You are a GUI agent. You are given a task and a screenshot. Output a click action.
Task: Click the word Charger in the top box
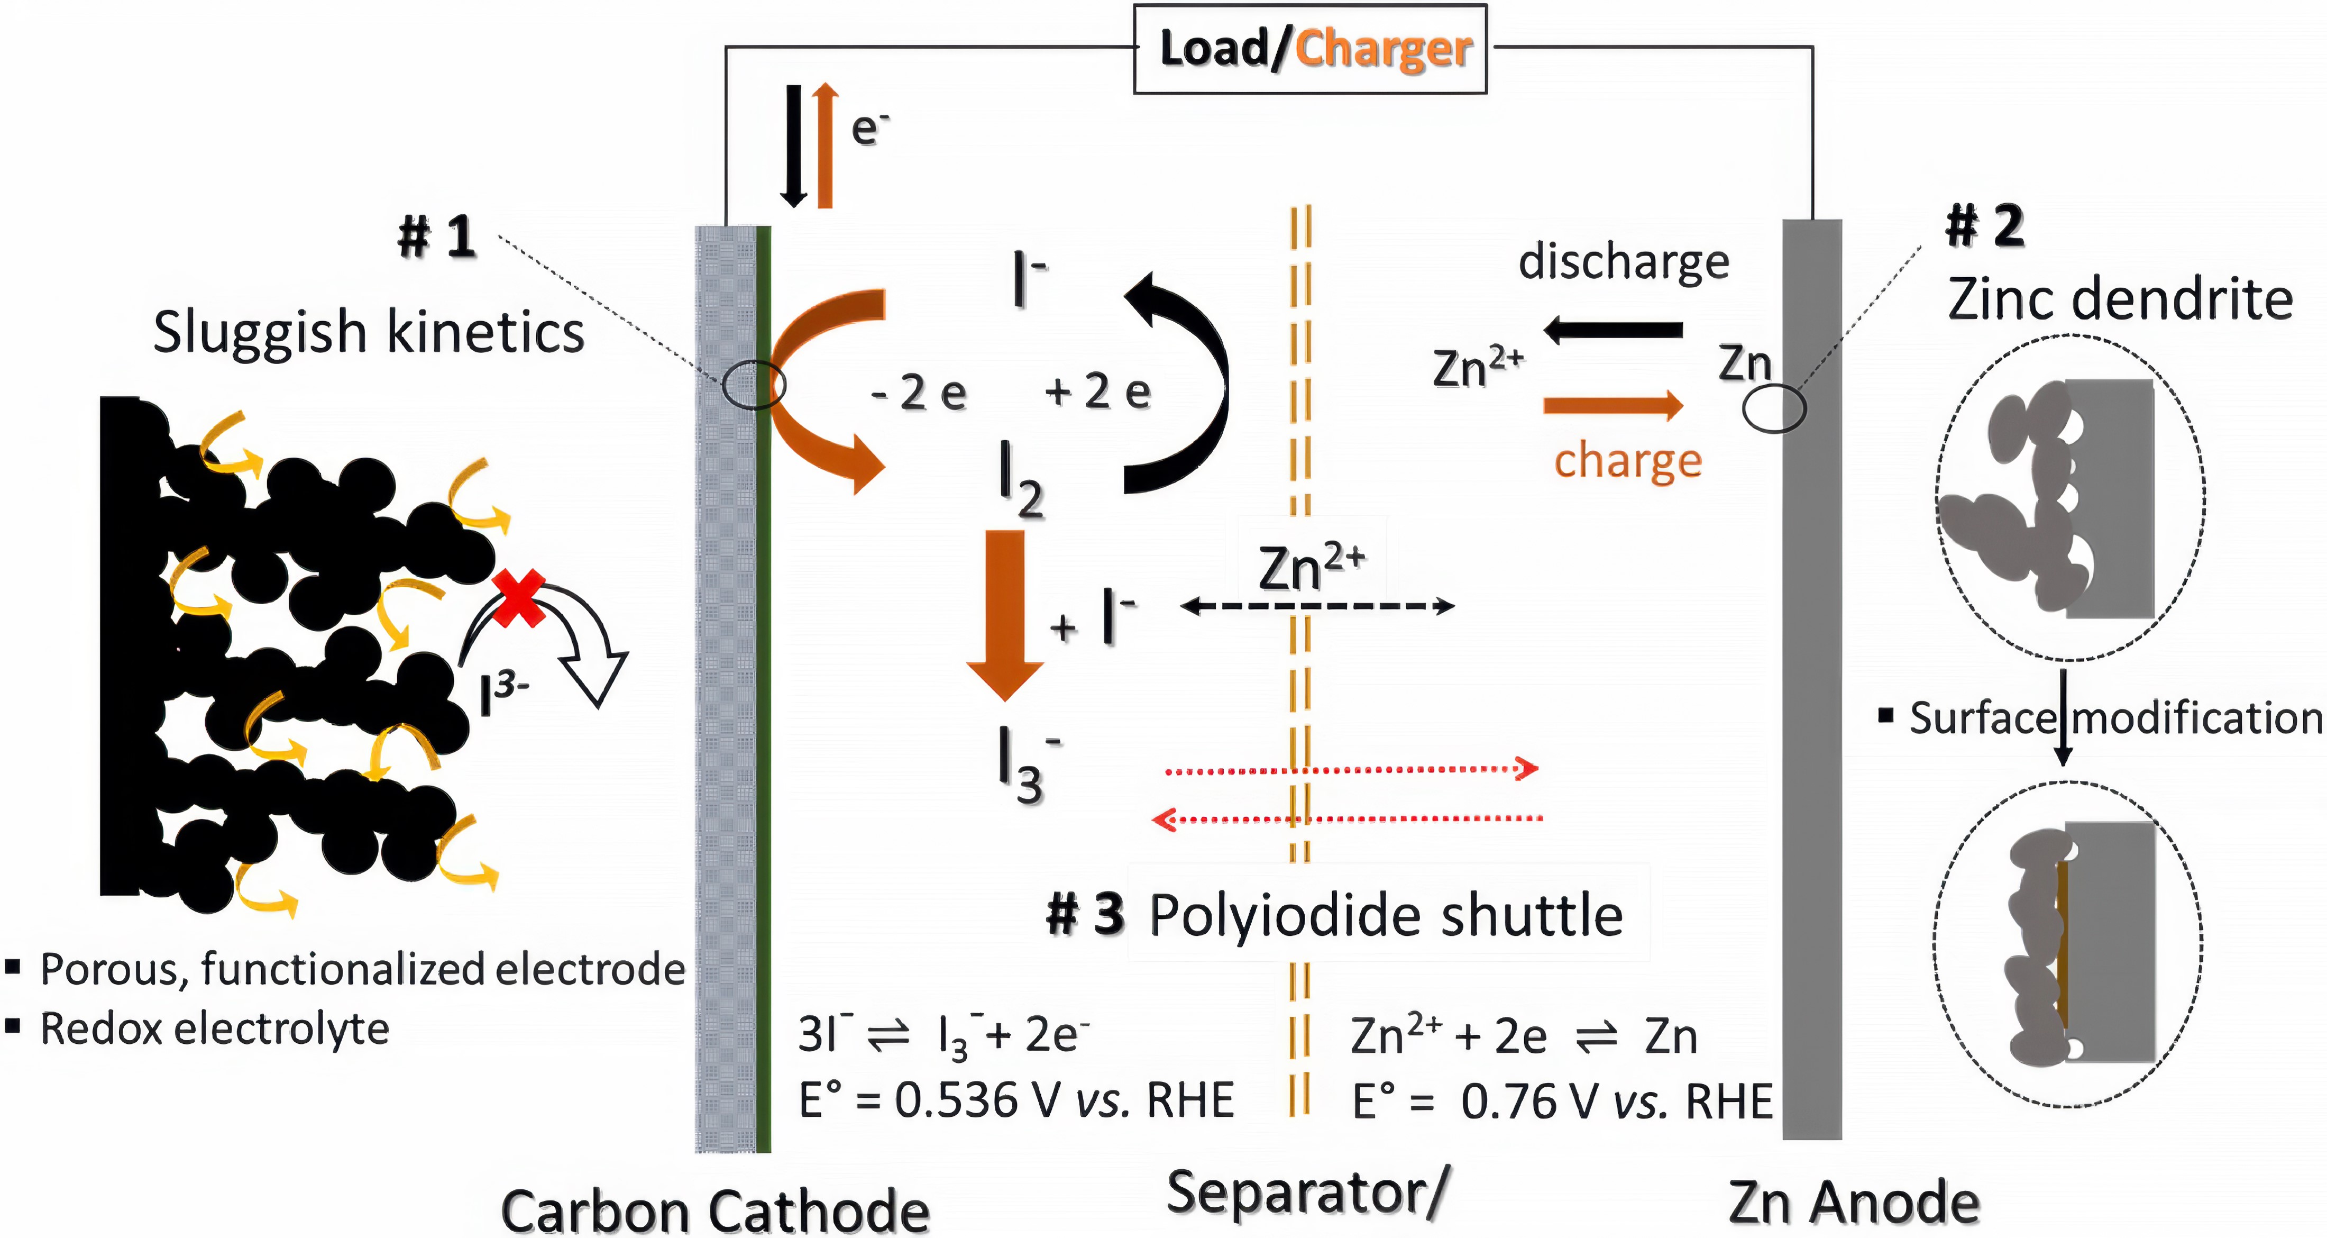point(1383,49)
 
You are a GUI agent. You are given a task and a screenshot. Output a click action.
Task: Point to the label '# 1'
point(437,237)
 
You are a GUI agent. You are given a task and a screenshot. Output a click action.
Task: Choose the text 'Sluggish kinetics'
point(369,333)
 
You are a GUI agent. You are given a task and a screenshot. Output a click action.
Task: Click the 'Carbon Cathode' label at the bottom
point(714,1211)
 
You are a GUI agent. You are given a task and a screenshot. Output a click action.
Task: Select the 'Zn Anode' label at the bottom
point(1854,1203)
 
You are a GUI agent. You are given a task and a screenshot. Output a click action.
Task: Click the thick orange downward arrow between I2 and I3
point(1004,614)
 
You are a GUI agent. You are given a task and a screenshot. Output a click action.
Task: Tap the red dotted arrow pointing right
point(1351,770)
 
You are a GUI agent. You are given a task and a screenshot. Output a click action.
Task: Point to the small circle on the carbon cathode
point(754,386)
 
